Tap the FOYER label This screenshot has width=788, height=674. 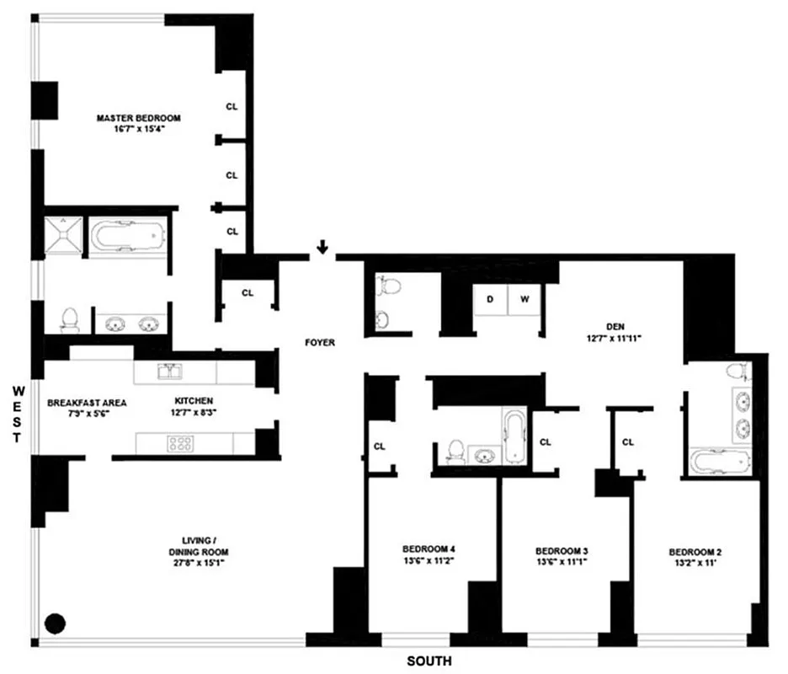point(320,343)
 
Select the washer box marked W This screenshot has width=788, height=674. point(524,299)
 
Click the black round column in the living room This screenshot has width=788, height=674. point(55,623)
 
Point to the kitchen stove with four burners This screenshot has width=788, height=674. point(180,443)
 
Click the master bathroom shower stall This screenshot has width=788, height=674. point(66,233)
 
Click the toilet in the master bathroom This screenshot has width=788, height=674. point(69,318)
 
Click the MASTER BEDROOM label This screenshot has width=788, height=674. point(138,118)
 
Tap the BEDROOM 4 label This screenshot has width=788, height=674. point(429,548)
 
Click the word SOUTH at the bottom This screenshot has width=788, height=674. point(429,661)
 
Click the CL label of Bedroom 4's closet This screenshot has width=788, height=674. point(379,447)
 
